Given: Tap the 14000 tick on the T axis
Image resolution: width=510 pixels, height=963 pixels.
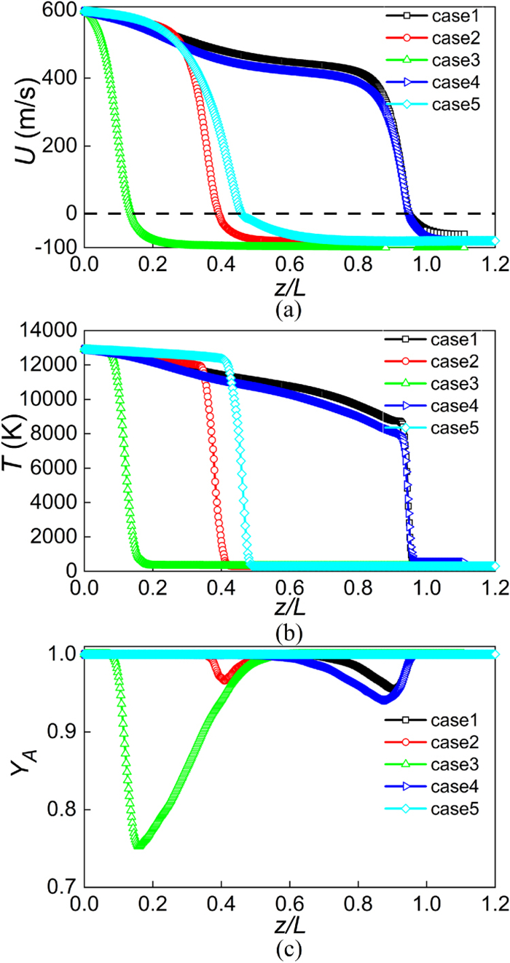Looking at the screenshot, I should [x=52, y=331].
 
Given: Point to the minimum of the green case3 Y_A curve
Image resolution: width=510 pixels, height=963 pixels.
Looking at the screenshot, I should [x=138, y=845].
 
